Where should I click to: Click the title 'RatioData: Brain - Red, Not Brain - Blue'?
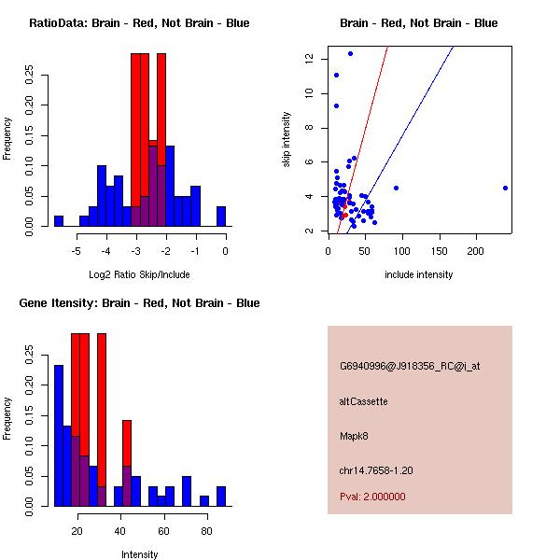coord(139,23)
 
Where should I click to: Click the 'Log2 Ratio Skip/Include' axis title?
coord(138,274)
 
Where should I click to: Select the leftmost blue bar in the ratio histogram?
coord(59,220)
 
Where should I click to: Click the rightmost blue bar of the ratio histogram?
coord(221,217)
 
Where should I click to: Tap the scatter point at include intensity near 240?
coord(505,188)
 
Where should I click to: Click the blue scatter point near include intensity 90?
coord(396,188)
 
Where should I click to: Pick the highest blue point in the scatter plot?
coord(350,53)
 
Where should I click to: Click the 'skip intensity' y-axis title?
coord(287,140)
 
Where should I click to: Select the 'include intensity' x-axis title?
coord(419,274)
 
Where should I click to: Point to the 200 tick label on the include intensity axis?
coord(476,250)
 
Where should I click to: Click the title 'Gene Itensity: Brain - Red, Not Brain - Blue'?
coord(133,303)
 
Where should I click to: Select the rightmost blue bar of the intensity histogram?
coord(221,496)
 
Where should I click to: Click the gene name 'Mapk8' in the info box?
coord(354,436)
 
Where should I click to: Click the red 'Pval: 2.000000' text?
coord(372,497)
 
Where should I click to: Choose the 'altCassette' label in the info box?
coord(363,401)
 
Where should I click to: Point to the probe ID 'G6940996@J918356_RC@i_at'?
coord(410,367)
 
